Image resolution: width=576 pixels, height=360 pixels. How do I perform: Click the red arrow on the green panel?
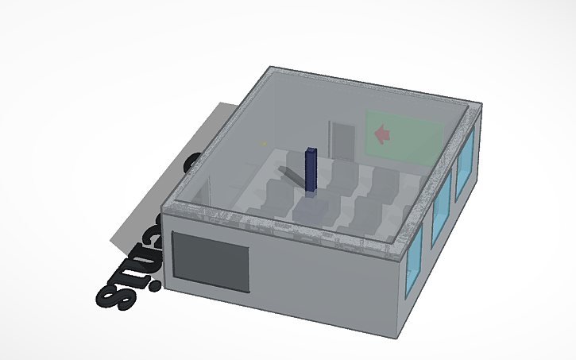(383, 135)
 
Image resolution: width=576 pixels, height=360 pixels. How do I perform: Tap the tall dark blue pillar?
(311, 170)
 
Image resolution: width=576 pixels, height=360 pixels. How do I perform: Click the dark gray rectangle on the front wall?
(211, 261)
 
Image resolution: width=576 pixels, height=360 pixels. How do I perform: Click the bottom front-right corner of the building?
(395, 338)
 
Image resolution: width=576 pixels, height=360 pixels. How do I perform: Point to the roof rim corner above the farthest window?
(481, 105)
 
